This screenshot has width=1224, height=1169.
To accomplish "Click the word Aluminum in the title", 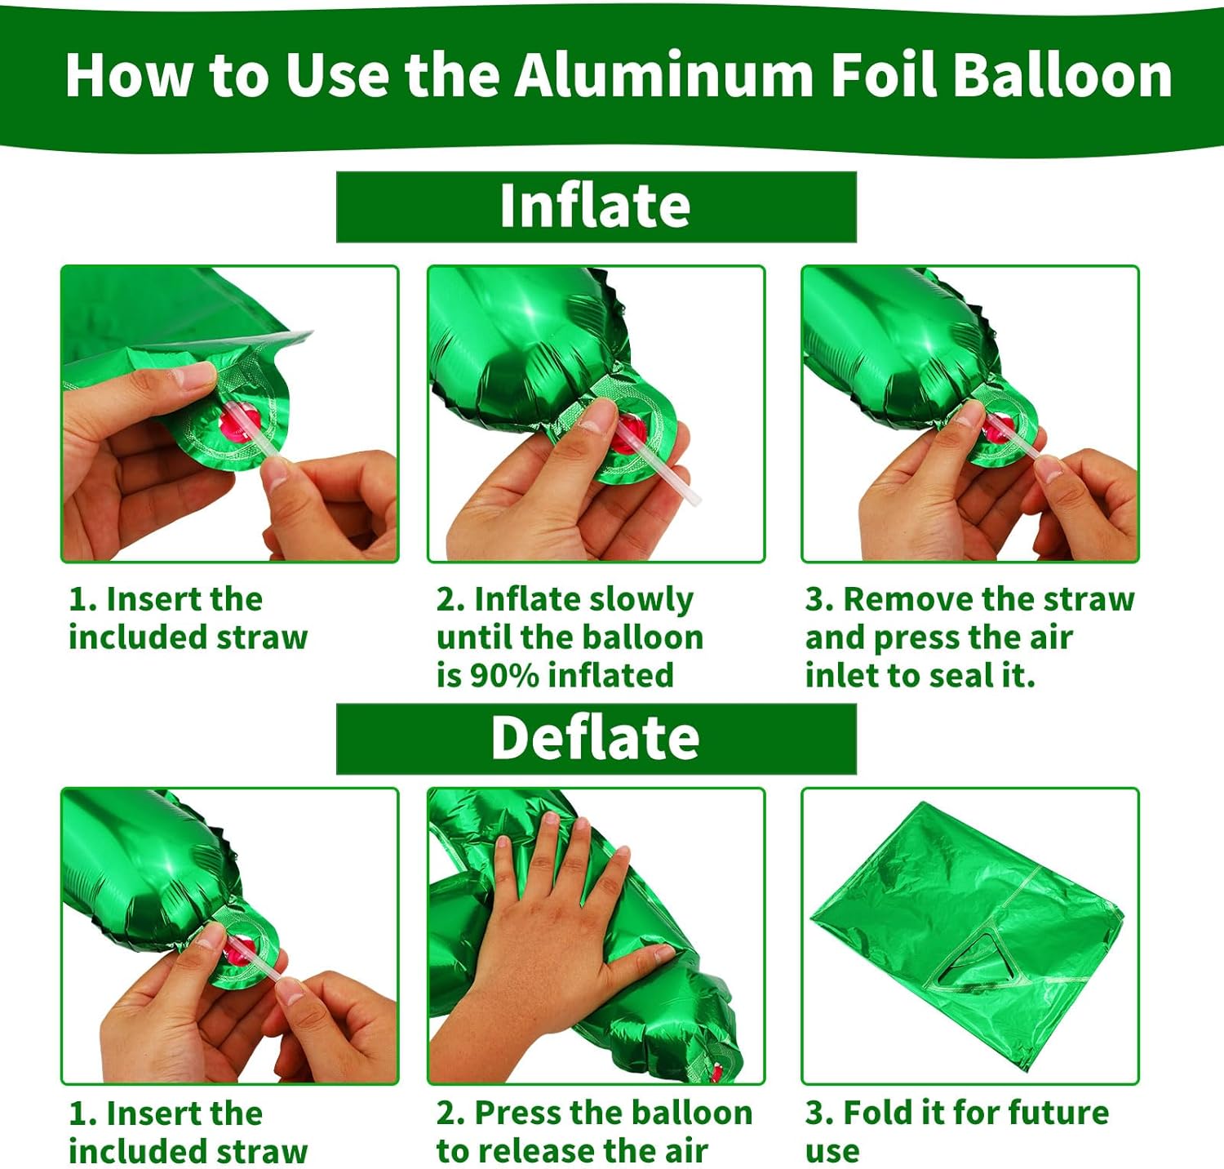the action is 663,75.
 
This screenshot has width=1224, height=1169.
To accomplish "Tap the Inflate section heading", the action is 596,206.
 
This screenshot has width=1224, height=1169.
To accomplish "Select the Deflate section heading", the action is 596,738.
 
